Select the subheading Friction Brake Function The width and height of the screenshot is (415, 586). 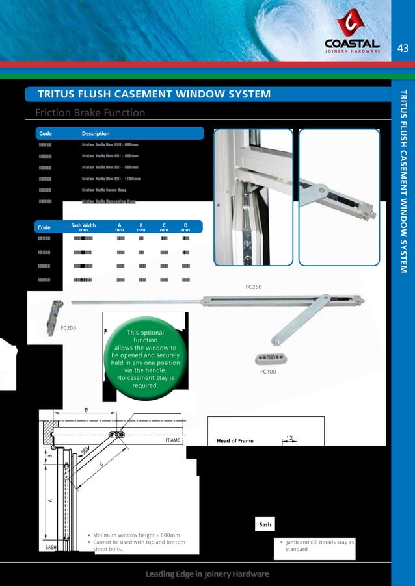point(90,113)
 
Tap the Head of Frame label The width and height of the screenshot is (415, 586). point(236,441)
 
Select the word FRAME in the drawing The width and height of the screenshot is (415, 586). point(172,440)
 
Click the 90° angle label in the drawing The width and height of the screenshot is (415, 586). point(84,450)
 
